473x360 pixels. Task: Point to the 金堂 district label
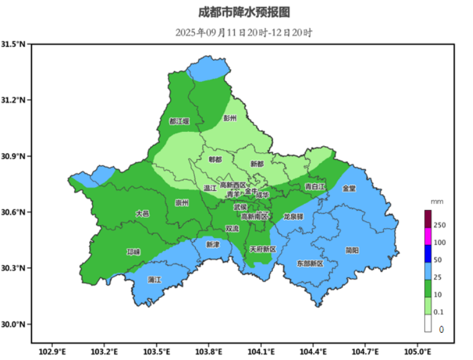pos(349,188)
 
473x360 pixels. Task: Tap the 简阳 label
pos(352,250)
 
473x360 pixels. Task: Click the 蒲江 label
pos(154,280)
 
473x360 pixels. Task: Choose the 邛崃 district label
pos(133,252)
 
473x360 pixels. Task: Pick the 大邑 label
pos(142,213)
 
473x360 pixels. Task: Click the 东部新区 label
pos(310,263)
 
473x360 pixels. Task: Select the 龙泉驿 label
pos(293,217)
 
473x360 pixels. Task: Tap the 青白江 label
pos(315,187)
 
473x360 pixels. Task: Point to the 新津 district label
pos(213,245)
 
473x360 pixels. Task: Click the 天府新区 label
pos(263,249)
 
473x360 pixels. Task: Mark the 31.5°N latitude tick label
pos(15,45)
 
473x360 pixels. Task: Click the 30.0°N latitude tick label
pos(15,325)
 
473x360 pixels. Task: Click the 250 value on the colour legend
pos(440,225)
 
